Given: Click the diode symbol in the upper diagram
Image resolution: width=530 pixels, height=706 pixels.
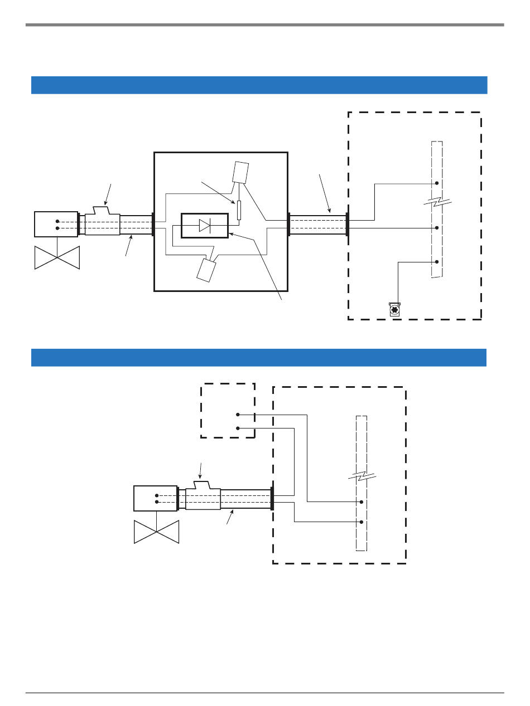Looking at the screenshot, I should (205, 226).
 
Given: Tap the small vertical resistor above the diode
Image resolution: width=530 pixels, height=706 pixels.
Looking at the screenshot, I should (239, 211).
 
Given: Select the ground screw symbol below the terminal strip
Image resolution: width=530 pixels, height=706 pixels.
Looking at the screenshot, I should (395, 310).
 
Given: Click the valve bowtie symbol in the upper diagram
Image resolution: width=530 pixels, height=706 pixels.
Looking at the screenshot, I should (57, 257).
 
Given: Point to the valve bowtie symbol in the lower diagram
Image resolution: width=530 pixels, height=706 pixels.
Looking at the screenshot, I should (156, 532).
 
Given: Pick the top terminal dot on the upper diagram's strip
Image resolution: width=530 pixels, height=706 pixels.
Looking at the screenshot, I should (437, 183).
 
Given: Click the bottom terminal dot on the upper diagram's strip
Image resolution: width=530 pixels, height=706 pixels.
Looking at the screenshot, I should (437, 262).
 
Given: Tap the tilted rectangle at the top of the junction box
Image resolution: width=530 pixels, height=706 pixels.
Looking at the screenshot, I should (240, 172).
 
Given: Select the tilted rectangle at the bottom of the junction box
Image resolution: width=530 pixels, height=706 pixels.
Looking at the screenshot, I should (205, 270).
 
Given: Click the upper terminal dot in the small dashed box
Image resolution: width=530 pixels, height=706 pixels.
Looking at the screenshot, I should (238, 415).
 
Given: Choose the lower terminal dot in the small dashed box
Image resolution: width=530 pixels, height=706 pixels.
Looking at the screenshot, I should (238, 428).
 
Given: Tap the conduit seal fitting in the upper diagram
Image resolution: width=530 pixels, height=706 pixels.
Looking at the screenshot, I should (102, 223).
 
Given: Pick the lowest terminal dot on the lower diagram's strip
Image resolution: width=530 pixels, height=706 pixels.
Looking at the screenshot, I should (362, 522).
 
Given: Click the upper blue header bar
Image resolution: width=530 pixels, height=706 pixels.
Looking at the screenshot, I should (259, 85).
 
